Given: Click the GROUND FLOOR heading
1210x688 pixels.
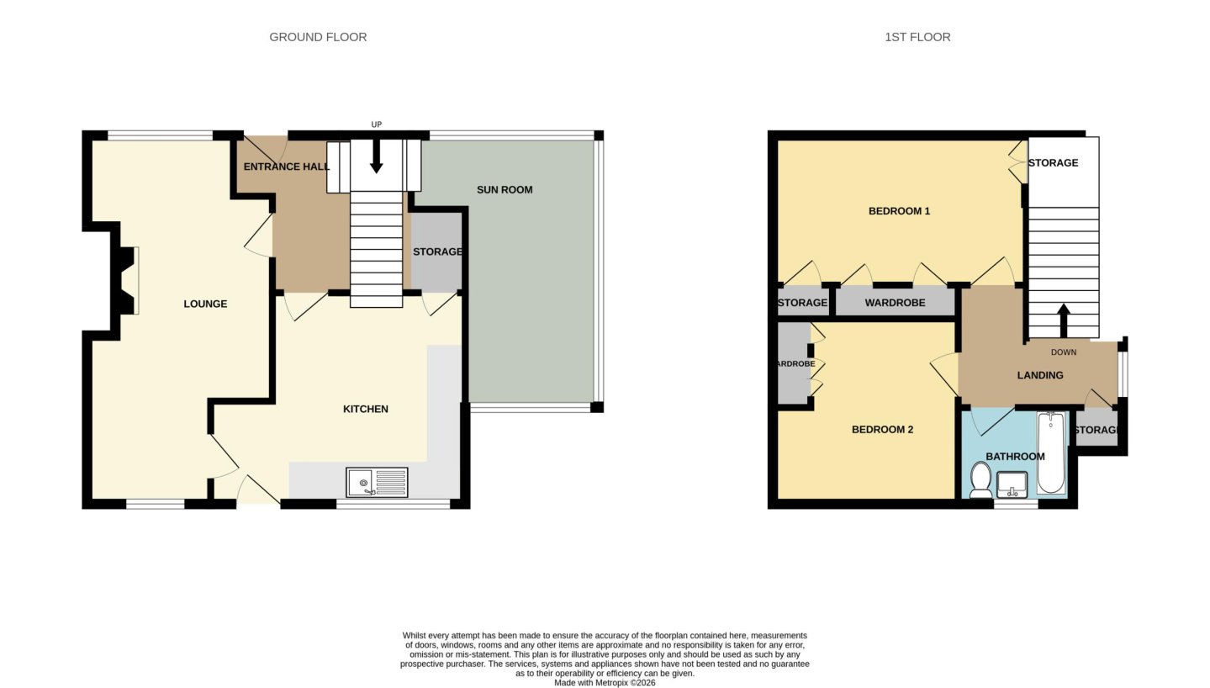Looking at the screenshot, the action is click(x=318, y=37).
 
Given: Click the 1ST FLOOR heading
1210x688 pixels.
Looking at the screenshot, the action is click(x=917, y=37).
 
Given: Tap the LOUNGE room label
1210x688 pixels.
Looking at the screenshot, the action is click(x=205, y=304).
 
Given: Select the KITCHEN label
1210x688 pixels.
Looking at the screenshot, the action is click(x=366, y=409).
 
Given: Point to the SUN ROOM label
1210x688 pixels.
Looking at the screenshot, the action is click(x=505, y=190).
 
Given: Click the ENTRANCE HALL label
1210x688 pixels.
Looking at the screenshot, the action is click(x=286, y=167).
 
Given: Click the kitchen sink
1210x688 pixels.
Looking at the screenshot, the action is click(x=377, y=482).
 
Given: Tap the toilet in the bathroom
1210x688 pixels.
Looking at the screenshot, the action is click(x=980, y=480).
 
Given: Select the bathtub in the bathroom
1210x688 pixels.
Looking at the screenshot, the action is click(x=1050, y=452).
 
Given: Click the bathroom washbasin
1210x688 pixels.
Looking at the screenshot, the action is click(x=1012, y=484).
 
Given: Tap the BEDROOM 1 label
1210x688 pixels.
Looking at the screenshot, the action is click(x=900, y=211).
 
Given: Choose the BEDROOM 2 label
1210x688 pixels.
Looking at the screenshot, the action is click(x=883, y=430).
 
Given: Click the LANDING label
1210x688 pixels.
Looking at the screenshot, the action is click(x=1040, y=375).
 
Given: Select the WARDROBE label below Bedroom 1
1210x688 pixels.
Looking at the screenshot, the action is click(x=895, y=303).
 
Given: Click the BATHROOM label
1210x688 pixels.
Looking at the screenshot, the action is click(x=1016, y=457).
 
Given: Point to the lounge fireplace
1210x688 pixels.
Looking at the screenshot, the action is click(x=125, y=280).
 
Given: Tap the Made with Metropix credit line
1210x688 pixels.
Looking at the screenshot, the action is click(x=605, y=683).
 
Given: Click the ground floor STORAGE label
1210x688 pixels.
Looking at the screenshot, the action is click(x=437, y=251).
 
